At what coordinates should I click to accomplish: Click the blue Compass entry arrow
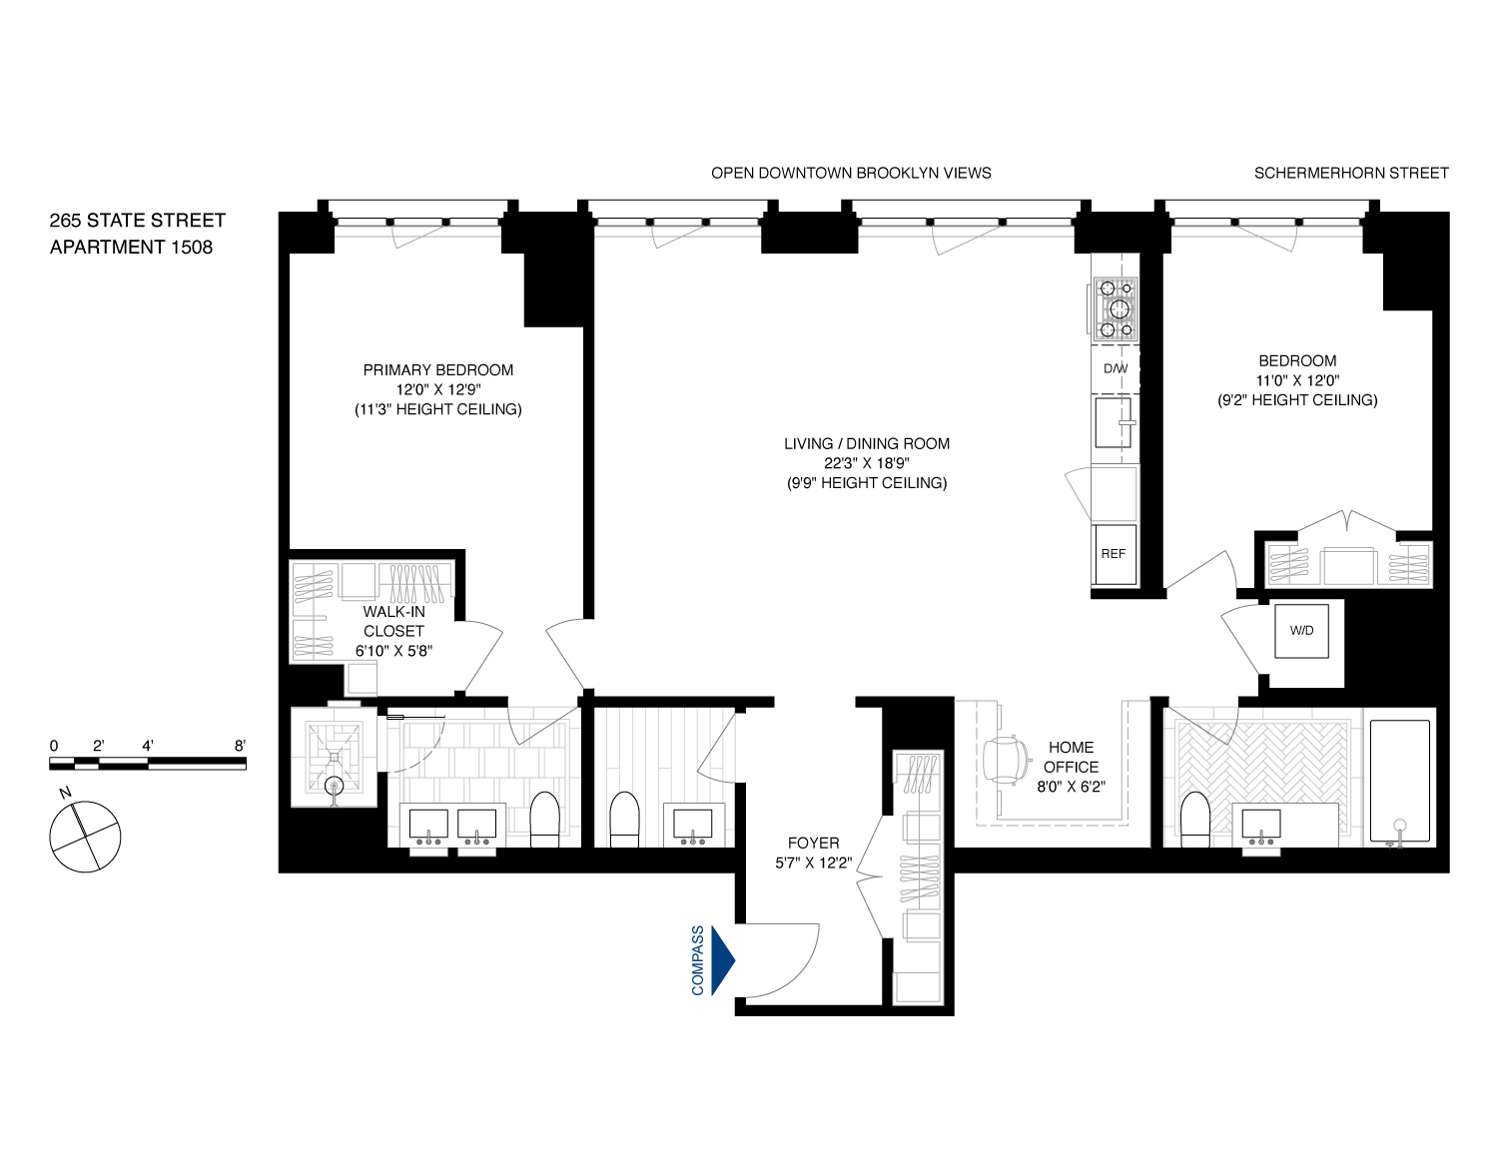[x=722, y=959]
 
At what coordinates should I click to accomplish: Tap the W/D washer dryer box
[x=1301, y=631]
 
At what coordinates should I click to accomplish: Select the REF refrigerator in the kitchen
[x=1113, y=554]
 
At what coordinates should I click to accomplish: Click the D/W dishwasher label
[x=1116, y=369]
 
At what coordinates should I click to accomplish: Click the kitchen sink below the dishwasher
[x=1115, y=422]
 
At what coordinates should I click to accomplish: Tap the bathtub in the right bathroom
[x=1400, y=780]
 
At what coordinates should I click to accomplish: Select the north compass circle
[x=85, y=836]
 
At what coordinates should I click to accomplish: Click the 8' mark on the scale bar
[x=240, y=746]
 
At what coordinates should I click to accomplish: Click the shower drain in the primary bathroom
[x=334, y=786]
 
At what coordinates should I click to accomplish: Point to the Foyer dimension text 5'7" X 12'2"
[x=813, y=863]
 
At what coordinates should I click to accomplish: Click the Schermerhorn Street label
[x=1350, y=173]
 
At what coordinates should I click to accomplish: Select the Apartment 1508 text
[x=131, y=247]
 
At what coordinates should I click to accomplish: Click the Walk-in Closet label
[x=393, y=621]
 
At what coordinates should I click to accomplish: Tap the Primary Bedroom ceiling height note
[x=438, y=409]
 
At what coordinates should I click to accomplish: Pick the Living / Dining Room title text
[x=866, y=443]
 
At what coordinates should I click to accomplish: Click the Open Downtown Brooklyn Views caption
[x=851, y=173]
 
